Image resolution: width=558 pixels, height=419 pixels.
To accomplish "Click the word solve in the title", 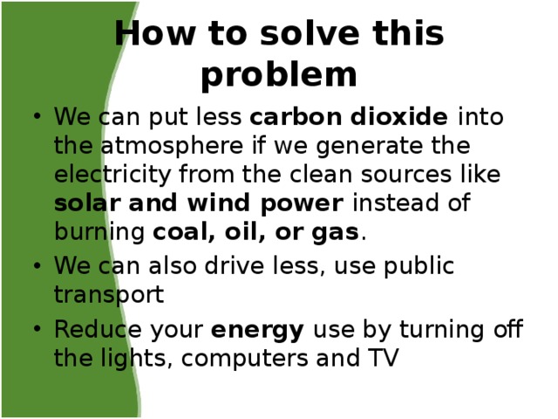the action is pos(310,33).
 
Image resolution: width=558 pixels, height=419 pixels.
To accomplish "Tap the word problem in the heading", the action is pos(279,77).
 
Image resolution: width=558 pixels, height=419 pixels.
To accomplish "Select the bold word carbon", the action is pos(296,116).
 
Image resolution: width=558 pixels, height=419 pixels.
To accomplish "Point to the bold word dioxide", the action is pos(399,116).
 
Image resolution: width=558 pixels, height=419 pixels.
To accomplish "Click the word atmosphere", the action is pos(172,146).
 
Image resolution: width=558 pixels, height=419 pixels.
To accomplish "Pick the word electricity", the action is pos(112,175).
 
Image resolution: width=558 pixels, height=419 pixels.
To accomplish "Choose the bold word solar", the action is pos(87,203).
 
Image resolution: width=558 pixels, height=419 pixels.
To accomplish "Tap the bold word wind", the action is pos(218,203).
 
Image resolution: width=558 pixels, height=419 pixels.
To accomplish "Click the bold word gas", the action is pos(335,233).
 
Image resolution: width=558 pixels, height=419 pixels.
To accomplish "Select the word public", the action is pos(418,266).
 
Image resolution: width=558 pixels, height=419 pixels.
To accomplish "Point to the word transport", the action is pos(109,295).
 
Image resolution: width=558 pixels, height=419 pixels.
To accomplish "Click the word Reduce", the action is pos(98,329).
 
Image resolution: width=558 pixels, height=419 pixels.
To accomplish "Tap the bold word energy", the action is pos(257,331).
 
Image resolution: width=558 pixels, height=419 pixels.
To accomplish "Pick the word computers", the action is pos(244,359).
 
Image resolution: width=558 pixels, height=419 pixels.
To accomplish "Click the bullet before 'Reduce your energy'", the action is pos(37,328).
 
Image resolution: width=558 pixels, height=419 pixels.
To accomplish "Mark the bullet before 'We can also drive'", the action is pos(37,265).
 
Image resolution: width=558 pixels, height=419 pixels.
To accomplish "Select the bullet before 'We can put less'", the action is pos(37,116).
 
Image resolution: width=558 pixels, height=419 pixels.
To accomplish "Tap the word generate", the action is pos(369,147).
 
